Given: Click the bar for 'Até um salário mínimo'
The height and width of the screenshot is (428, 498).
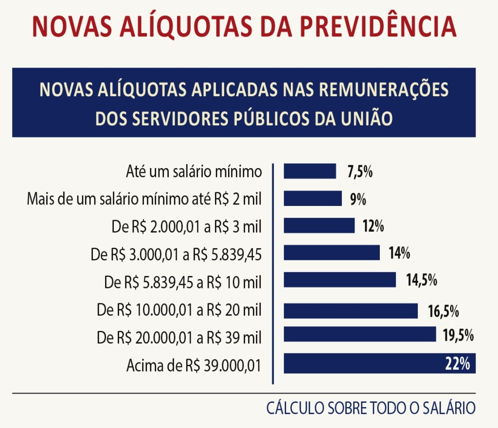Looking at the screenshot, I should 310,171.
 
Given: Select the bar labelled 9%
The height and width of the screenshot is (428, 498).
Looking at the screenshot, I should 313,199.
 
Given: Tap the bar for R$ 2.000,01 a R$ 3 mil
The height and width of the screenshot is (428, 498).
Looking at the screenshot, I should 319,226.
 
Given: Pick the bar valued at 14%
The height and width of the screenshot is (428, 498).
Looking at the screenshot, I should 332,253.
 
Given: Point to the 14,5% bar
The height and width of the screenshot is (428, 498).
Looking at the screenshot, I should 340,280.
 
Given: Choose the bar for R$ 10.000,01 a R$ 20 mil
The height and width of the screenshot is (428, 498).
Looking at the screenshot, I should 351,310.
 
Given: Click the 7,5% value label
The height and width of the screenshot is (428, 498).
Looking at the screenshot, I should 360,171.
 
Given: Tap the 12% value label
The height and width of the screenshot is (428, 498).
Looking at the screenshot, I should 373,226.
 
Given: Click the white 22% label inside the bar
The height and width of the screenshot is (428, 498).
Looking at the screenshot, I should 457,364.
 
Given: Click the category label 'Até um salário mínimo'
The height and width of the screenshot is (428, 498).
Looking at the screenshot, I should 194,171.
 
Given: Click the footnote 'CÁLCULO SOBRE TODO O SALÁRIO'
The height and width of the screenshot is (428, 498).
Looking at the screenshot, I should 370,408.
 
